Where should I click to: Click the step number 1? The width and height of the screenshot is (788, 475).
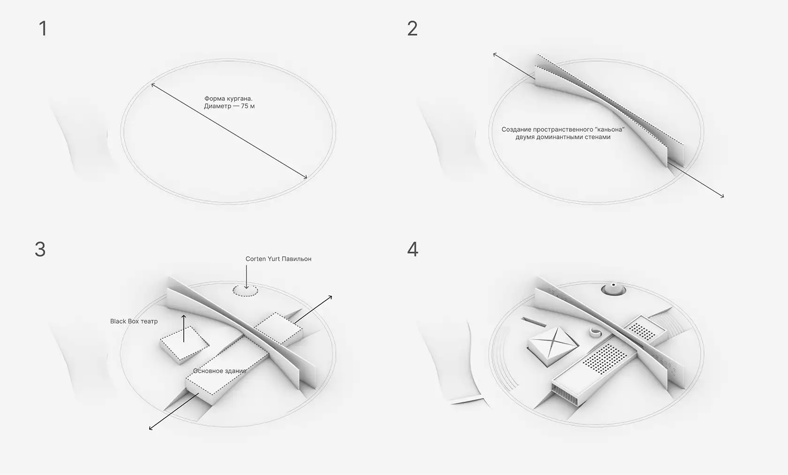click(43, 29)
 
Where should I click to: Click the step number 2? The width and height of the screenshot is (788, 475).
click(412, 29)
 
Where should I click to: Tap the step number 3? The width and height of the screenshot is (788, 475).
click(40, 249)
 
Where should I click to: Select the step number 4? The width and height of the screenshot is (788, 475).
click(413, 249)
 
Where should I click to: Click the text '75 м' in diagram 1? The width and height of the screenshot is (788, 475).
click(248, 106)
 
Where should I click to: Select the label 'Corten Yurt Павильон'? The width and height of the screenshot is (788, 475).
click(278, 259)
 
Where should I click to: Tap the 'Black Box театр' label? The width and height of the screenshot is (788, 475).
click(134, 321)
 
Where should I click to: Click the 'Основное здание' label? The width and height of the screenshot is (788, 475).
click(220, 371)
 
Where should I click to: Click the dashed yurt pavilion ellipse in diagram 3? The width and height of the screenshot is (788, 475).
click(245, 285)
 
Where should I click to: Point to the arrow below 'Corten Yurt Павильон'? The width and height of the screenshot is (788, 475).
click(246, 277)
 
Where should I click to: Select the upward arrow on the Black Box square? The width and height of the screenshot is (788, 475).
click(184, 328)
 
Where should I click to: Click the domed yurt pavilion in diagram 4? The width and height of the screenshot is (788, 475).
click(613, 289)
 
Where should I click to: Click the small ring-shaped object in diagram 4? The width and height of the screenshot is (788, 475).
click(595, 332)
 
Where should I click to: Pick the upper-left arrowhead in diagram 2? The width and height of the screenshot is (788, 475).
click(494, 54)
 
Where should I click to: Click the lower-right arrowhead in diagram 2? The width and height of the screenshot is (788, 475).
click(722, 196)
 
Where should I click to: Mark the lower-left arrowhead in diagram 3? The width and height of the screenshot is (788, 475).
click(151, 428)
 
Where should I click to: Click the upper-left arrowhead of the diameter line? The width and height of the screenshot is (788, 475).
click(153, 85)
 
